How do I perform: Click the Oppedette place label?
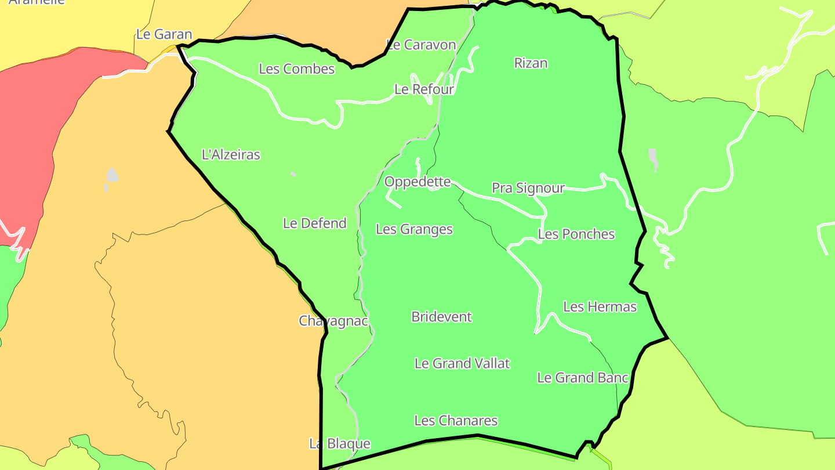(418, 182)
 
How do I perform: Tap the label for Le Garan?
(164, 34)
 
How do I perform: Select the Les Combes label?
(297, 69)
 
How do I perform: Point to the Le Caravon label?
(422, 45)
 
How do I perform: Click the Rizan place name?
(531, 63)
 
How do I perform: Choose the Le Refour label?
(424, 89)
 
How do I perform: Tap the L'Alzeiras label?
(231, 155)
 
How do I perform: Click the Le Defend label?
(315, 223)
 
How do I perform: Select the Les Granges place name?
(414, 229)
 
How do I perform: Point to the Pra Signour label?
(528, 188)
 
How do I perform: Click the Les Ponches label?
(576, 234)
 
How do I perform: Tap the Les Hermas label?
(600, 306)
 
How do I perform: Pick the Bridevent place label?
(442, 317)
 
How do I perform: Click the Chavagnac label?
(333, 321)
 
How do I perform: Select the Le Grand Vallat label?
(462, 363)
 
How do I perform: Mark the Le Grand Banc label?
(583, 378)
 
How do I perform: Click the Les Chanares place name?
(456, 421)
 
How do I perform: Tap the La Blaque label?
(340, 444)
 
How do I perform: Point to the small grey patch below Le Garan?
(111, 176)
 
